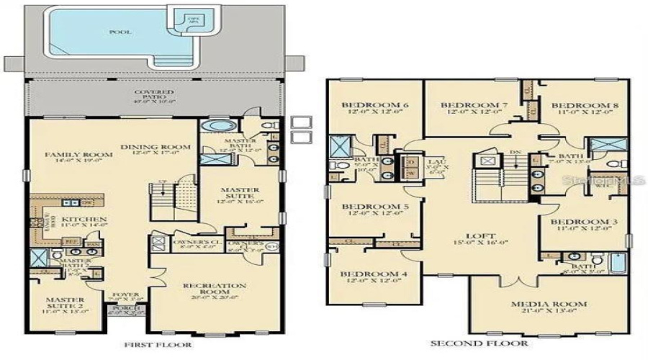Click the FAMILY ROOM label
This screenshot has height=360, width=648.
(69, 154)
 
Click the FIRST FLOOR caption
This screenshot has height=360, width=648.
(160, 345)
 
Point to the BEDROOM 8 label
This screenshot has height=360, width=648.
(585, 105)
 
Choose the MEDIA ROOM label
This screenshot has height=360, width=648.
(549, 304)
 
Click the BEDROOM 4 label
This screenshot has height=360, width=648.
(369, 274)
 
